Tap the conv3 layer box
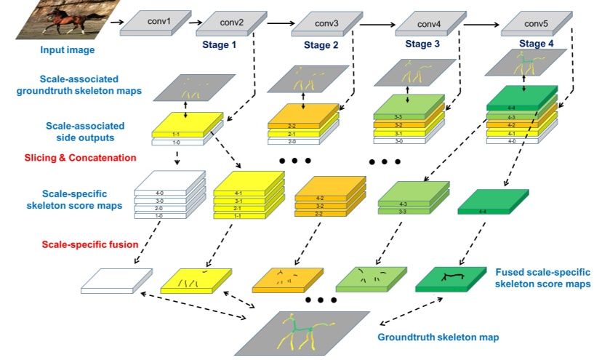(327, 23)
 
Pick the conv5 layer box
(534, 23)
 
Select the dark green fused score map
(451, 279)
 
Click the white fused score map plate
(116, 280)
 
